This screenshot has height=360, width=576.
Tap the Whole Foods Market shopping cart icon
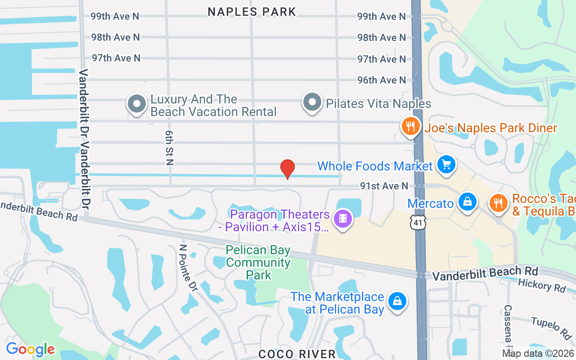click(446, 164)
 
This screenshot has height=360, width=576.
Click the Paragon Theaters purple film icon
click(343, 219)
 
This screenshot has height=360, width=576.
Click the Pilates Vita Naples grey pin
click(312, 103)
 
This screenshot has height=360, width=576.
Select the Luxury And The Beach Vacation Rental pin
click(136, 104)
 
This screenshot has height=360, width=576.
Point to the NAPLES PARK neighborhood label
click(252, 12)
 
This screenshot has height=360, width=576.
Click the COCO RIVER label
click(297, 354)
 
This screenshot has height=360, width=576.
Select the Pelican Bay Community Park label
click(258, 262)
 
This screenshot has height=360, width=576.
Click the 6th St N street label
click(169, 148)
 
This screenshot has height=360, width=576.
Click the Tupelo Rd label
click(551, 328)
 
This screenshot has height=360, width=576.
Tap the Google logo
click(30, 349)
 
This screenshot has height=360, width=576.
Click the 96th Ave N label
click(382, 80)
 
